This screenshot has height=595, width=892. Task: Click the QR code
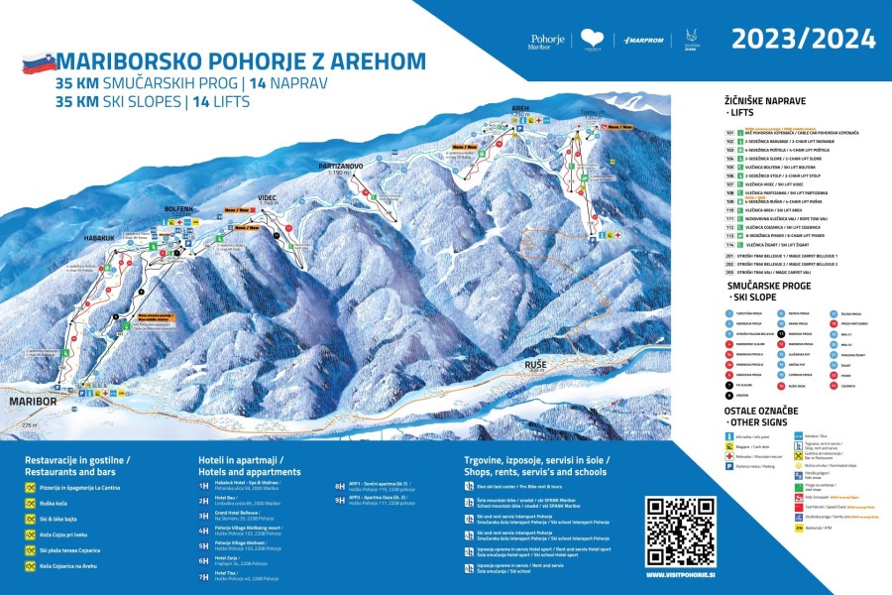pos(679,527)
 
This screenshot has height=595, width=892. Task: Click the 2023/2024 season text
pos(803,40)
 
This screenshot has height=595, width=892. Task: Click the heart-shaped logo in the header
pos(593,40)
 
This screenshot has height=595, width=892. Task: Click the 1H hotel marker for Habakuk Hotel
pos(203,485)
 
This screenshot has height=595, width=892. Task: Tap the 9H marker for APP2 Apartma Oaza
pos(340,500)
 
